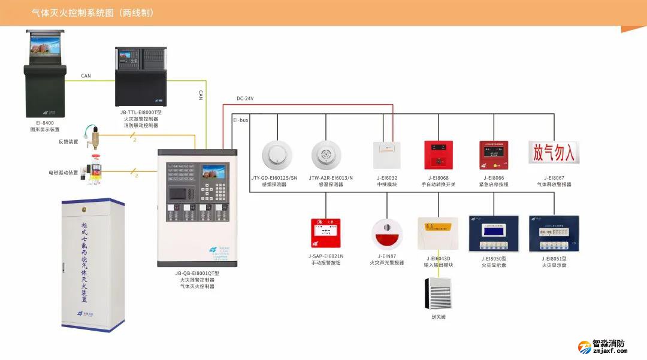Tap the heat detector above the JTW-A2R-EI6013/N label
[x=326, y=155]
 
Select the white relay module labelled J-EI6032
[x=386, y=155]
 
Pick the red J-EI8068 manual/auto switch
[x=438, y=155]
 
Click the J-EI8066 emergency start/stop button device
[x=494, y=155]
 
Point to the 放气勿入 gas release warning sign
[x=554, y=153]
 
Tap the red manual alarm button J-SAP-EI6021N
[x=326, y=233]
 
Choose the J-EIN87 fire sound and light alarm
[x=386, y=234]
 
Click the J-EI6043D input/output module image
[x=438, y=234]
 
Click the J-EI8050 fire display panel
[x=494, y=234]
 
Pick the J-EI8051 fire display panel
[x=554, y=234]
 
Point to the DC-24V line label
[x=245, y=98]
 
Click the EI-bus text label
[x=240, y=120]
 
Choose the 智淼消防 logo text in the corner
[x=609, y=344]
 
